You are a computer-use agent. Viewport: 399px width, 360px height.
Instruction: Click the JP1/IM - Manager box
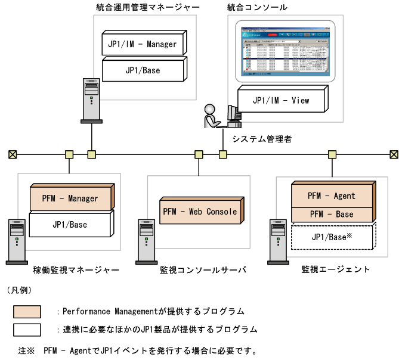143,44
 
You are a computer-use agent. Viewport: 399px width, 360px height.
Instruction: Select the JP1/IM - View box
281,100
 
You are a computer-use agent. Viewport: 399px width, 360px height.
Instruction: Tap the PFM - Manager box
70,198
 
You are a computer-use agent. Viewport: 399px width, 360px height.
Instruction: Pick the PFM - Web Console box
200,212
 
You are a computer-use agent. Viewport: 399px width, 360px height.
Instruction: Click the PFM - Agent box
332,195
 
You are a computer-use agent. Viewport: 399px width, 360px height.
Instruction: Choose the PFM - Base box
332,215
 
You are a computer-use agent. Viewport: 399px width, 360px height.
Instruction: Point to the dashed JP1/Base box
332,237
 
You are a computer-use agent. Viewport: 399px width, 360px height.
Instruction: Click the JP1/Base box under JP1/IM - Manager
143,70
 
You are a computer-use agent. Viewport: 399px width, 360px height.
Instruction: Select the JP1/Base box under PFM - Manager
70,225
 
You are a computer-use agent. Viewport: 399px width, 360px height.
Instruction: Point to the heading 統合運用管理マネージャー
147,7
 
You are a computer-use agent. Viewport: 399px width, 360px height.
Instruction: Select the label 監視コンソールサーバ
203,269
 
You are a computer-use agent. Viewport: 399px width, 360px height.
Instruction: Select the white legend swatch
27,330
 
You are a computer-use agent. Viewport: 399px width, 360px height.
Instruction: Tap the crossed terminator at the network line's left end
13,154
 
